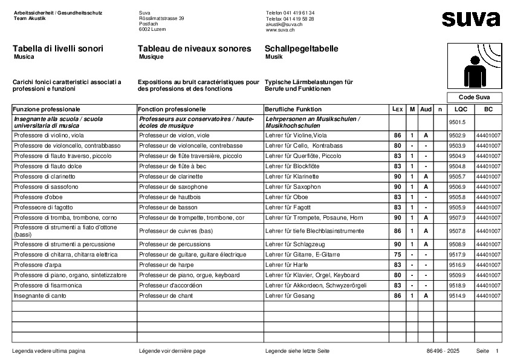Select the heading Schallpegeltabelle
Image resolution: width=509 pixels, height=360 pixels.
point(301,48)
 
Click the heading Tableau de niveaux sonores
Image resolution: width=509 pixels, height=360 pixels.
point(194,48)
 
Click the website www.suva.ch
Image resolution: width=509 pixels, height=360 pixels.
point(280,30)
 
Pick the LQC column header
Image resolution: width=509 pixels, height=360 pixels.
point(461,109)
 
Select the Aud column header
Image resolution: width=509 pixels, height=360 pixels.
point(426,109)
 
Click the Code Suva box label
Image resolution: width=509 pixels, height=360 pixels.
point(475,97)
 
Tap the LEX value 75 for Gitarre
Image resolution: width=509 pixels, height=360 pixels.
point(397,255)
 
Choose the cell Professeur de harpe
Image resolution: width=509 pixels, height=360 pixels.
point(165,265)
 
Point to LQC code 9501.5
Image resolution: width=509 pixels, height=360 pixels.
point(457,122)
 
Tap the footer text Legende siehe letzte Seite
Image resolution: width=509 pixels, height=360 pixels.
point(297,351)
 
